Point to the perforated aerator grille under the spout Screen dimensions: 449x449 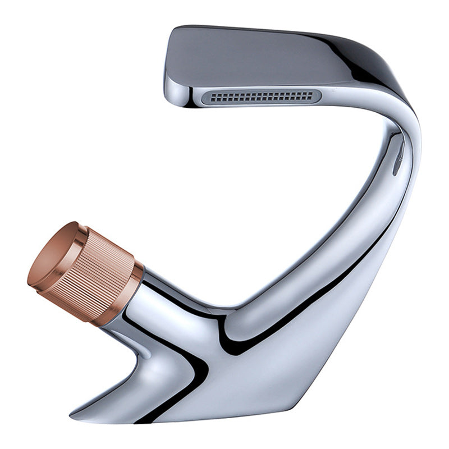pyautogui.click(x=261, y=97)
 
